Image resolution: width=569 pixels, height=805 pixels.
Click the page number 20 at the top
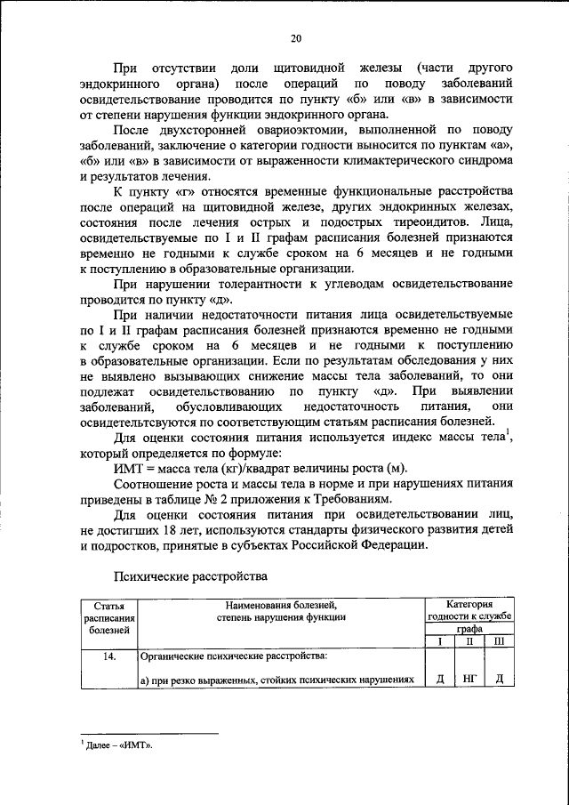click(x=296, y=36)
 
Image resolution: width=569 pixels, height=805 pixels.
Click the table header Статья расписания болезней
click(x=109, y=617)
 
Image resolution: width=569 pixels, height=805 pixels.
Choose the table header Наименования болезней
click(x=277, y=611)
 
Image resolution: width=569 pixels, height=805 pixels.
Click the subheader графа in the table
click(x=469, y=629)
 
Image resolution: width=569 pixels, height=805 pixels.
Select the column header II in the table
click(x=469, y=641)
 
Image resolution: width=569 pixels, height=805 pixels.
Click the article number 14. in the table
click(x=109, y=657)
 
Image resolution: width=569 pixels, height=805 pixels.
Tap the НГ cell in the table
click(x=469, y=680)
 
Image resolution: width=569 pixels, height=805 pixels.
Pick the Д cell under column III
click(x=500, y=680)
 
